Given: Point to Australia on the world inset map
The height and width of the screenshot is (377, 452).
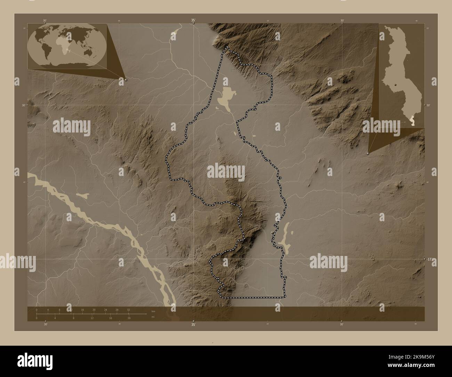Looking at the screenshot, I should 94,53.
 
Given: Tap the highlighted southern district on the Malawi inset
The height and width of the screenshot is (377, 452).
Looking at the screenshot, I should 413,121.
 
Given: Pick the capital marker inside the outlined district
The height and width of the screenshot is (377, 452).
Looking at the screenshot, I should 272,232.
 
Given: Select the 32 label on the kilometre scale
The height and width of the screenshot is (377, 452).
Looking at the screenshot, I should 129,310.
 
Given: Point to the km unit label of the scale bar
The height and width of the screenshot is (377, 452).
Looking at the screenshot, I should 153,311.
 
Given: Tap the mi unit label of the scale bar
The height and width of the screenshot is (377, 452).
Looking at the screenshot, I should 152,317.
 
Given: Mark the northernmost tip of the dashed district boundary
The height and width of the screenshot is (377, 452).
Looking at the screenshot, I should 227,47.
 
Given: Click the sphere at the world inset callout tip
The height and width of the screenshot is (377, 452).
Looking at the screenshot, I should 126,80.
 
